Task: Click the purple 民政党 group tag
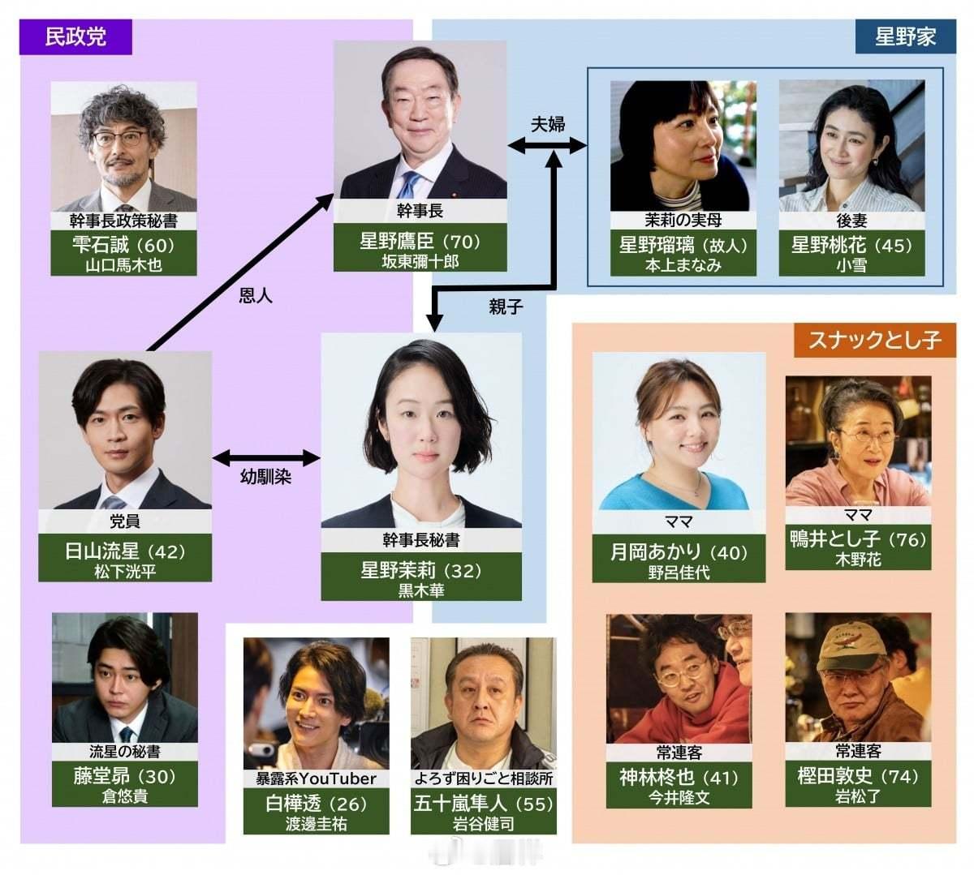[75, 37]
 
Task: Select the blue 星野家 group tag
[905, 36]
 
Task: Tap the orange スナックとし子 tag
[874, 339]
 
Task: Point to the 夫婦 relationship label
[548, 124]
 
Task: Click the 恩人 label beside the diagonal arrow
[256, 295]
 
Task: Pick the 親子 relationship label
[506, 307]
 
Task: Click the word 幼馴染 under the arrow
[265, 477]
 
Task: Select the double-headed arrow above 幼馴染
[266, 457]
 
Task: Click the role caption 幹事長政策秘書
[123, 221]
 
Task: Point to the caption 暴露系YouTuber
[317, 778]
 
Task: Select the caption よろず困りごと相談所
[484, 778]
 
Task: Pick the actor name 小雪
[851, 265]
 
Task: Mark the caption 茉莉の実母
[683, 220]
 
